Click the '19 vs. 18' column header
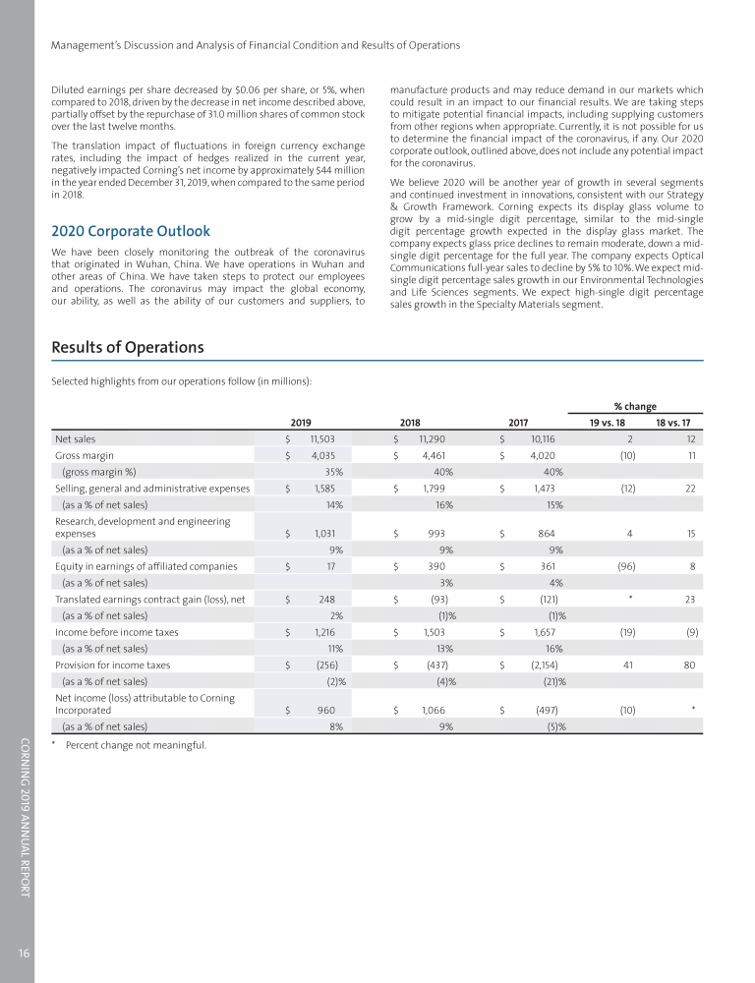(x=607, y=423)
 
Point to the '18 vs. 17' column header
(x=672, y=423)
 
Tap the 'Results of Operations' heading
(x=128, y=347)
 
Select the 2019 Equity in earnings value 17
(x=335, y=566)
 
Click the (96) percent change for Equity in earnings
(x=624, y=566)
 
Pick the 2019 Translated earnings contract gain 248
(x=329, y=599)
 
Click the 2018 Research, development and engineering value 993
(x=437, y=533)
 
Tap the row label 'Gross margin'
(x=85, y=456)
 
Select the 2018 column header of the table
(x=411, y=423)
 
